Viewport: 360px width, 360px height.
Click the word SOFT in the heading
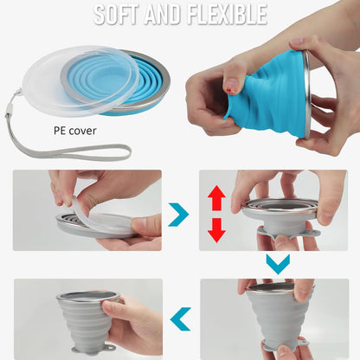tap(119, 16)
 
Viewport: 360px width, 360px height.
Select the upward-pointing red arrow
tap(216, 199)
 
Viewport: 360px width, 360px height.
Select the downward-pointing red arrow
tap(216, 229)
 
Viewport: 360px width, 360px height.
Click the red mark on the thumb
tap(228, 85)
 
